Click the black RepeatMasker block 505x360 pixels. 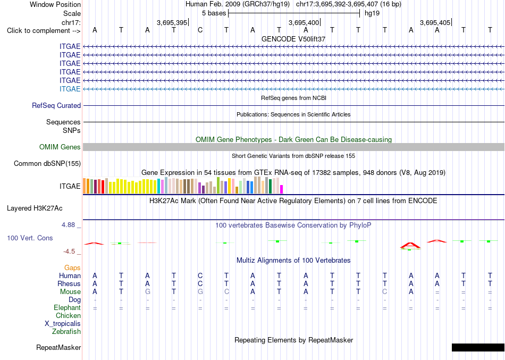click(478, 347)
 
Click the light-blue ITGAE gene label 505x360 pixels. click(70, 89)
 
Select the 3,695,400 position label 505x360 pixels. click(304, 22)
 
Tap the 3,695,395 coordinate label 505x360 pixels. click(172, 22)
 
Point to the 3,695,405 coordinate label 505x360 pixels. click(435, 22)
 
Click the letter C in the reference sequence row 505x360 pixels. click(200, 30)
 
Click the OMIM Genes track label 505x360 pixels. click(60, 147)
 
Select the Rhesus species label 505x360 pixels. click(69, 283)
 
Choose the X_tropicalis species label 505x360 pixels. click(63, 324)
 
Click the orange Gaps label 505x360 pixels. click(72, 268)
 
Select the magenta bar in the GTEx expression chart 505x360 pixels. click(282, 189)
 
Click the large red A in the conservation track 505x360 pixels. click(410, 246)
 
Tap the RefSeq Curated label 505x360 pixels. click(56, 105)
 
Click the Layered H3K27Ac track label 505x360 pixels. click(35, 208)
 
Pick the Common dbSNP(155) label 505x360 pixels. click(47, 163)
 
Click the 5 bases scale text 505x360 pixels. click(214, 13)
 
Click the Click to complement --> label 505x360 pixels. click(44, 31)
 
